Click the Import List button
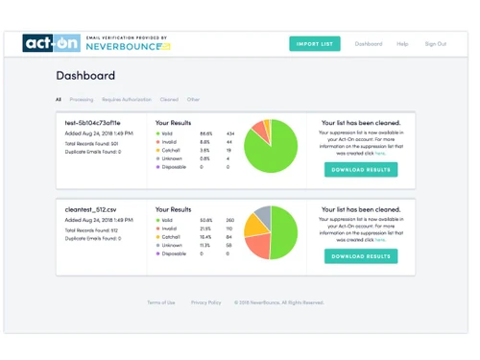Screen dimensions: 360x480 pos(314,44)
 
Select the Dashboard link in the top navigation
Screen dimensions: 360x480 pos(368,44)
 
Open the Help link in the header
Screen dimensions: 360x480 pos(402,44)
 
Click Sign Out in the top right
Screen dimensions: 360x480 pos(435,44)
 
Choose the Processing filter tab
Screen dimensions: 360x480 pos(82,99)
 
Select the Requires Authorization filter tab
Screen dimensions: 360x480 pos(126,99)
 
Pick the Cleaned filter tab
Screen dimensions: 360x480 pos(169,99)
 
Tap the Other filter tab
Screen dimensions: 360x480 pos(194,99)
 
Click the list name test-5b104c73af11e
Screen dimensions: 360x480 pos(92,124)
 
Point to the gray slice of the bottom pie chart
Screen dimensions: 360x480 pos(262,215)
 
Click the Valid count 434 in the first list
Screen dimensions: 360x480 pos(230,133)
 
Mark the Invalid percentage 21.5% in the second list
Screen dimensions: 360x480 pos(205,228)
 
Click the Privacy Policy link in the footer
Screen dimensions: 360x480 pos(205,302)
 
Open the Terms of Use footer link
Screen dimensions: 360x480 pos(160,302)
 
